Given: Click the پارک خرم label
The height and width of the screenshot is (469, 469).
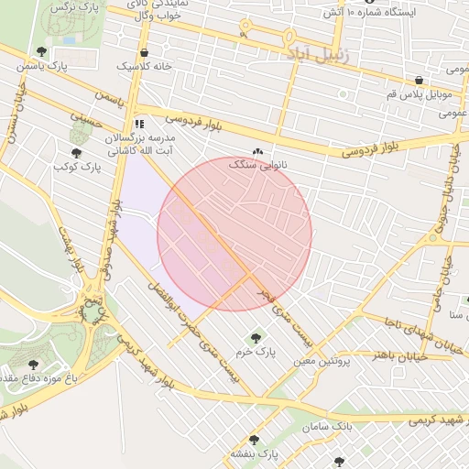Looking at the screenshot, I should tap(255, 352).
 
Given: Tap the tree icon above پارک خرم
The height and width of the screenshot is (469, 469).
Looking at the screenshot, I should tap(255, 339).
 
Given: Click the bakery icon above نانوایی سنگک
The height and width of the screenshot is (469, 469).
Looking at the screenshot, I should tap(257, 152).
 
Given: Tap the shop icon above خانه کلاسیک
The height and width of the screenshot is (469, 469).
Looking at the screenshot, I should tap(146, 53).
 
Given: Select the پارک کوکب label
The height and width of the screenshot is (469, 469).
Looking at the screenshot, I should tap(77, 168).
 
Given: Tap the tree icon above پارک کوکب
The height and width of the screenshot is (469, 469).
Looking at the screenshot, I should tap(76, 154).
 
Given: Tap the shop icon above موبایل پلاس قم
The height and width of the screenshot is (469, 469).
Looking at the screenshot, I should tap(419, 81).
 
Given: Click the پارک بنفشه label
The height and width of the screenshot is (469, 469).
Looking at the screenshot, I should tap(254, 453).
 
